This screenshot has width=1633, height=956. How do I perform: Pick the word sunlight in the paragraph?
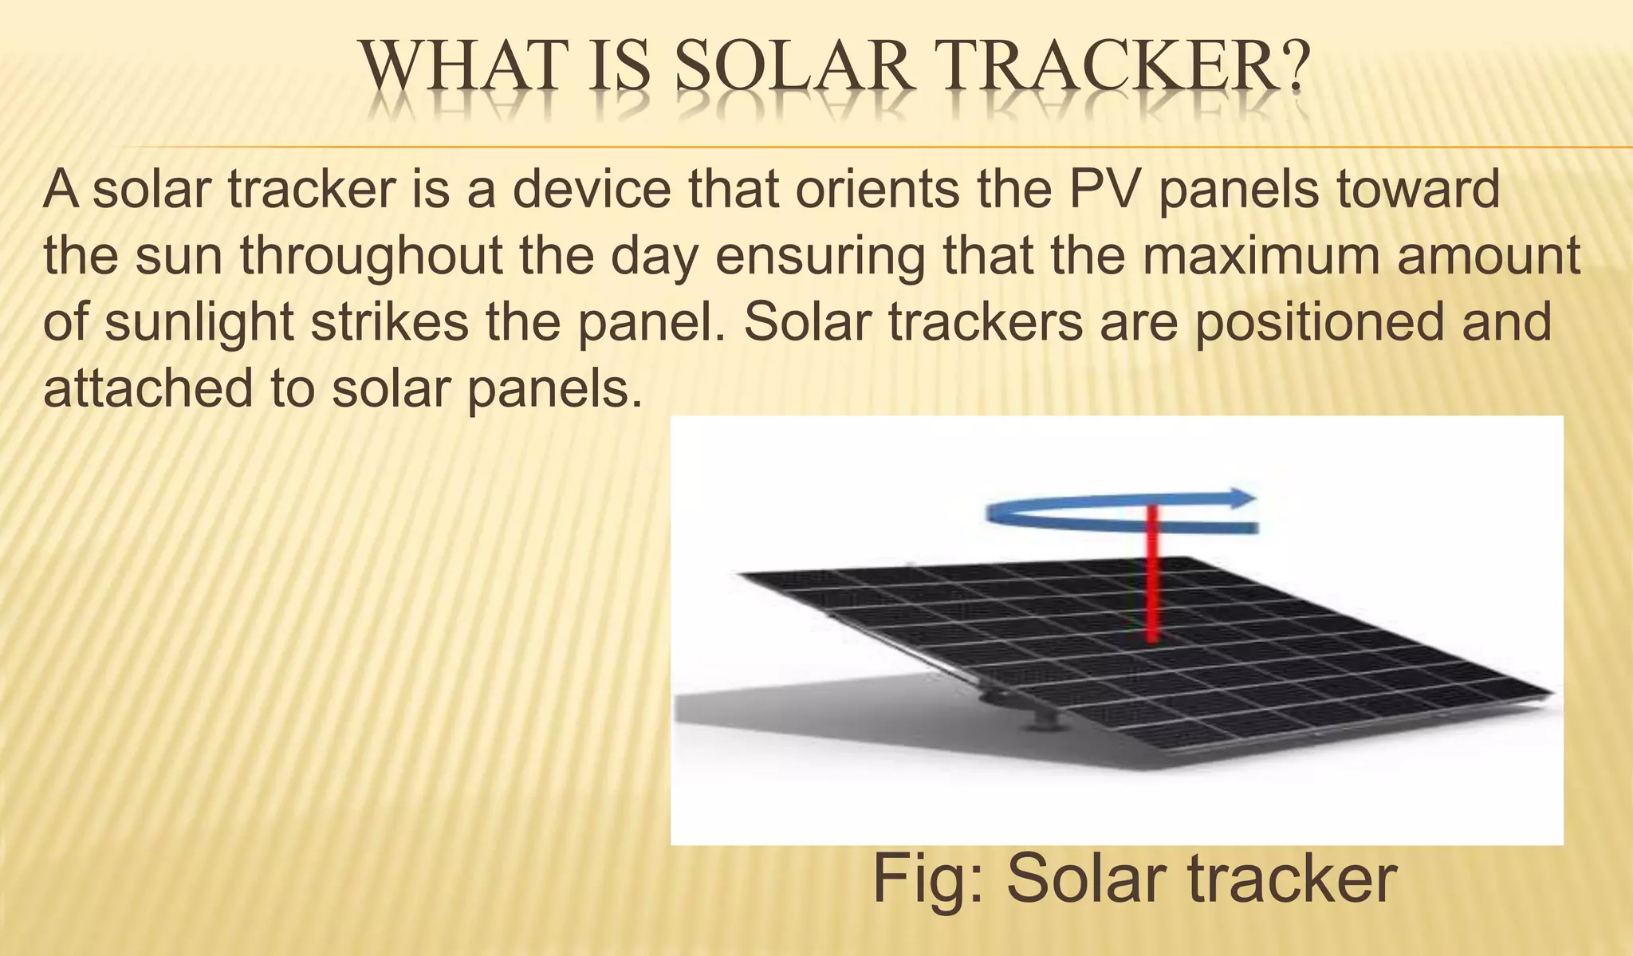click(200, 323)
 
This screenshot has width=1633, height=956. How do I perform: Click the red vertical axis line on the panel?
click(1151, 574)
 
